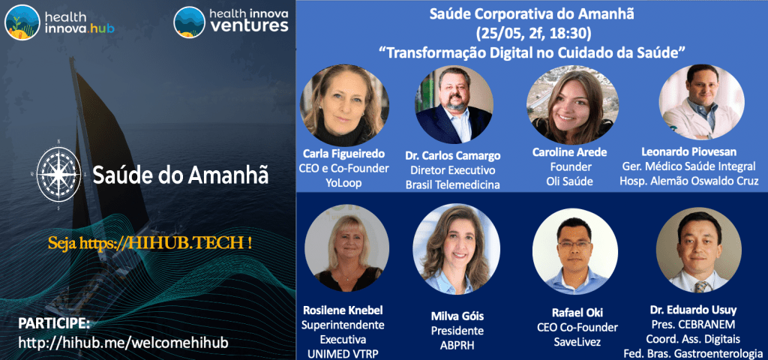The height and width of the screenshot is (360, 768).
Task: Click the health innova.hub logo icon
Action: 22,22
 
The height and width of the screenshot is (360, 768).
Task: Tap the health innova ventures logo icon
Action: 189,22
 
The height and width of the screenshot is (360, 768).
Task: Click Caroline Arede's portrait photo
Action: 566,106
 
